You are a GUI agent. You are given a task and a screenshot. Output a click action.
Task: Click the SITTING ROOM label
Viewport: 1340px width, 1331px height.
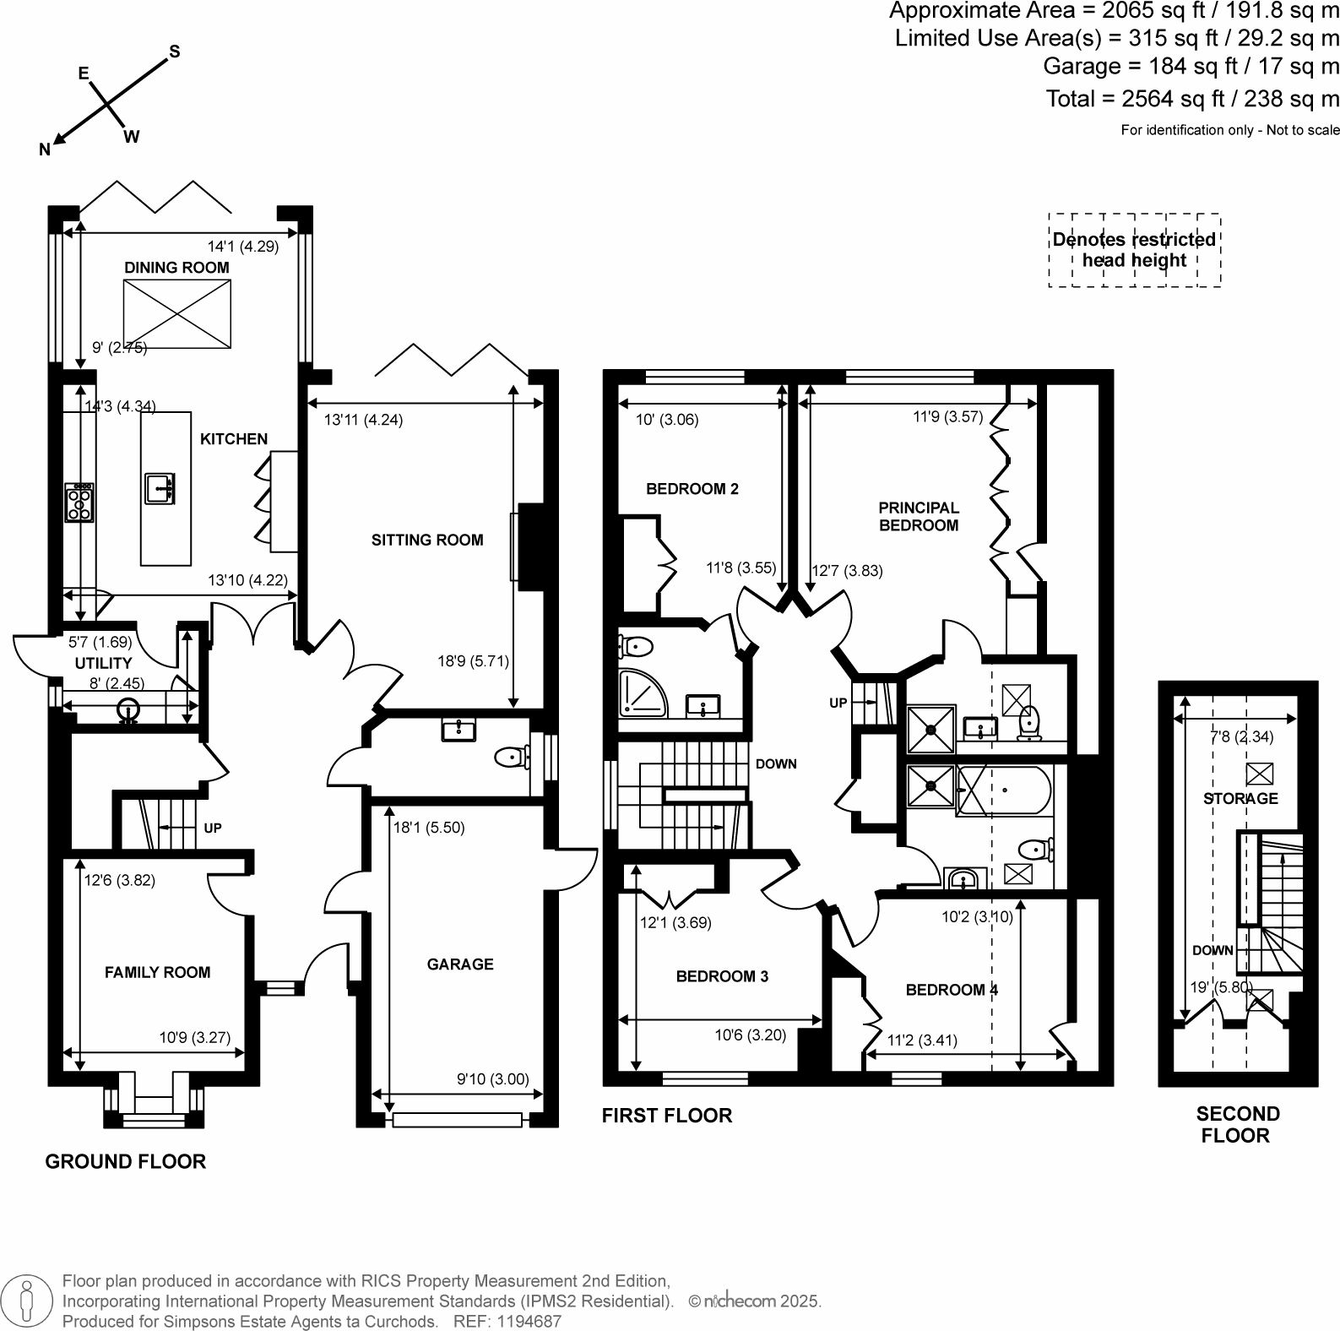[427, 540]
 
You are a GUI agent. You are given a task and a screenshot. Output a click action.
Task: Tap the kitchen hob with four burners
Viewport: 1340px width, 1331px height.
[79, 503]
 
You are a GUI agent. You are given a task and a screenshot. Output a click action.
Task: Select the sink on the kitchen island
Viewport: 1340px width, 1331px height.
[160, 489]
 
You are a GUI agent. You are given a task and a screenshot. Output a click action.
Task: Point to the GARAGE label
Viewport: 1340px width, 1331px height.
[460, 964]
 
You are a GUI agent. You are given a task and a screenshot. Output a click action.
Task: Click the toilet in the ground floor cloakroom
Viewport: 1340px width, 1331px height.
[510, 757]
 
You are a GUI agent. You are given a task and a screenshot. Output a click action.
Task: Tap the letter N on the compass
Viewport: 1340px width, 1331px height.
[45, 149]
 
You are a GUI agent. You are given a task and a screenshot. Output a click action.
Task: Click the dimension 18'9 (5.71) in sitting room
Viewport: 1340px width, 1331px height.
[473, 661]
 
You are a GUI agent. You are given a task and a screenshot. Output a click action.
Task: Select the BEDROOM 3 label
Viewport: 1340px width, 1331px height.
[722, 976]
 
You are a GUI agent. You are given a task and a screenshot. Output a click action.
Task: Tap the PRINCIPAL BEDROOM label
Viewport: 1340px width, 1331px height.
[919, 516]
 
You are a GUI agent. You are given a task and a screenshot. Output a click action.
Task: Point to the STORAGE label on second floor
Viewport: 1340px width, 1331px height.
[1240, 798]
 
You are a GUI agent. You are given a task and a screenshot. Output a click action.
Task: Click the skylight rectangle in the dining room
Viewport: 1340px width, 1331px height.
[177, 313]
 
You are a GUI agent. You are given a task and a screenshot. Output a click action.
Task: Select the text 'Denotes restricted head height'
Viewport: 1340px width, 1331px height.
[1134, 250]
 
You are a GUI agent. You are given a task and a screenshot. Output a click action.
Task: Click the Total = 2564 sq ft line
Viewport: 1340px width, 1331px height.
[1192, 99]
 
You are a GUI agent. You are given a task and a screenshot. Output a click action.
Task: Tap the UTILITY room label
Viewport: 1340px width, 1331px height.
[103, 663]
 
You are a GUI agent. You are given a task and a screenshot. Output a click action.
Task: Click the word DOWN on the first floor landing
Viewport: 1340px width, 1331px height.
[776, 763]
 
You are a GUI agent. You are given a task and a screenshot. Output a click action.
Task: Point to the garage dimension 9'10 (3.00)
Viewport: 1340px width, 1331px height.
[492, 1078]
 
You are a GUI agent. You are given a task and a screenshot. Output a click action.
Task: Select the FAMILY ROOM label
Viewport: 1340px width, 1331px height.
[157, 972]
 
